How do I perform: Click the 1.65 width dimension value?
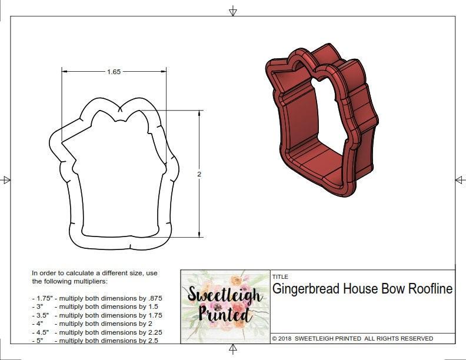click(114, 72)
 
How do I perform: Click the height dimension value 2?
click(199, 174)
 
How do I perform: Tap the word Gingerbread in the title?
click(305, 289)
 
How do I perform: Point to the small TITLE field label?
click(279, 276)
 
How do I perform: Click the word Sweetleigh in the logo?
click(224, 294)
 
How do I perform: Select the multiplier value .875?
click(153, 298)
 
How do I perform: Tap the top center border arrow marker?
click(233, 10)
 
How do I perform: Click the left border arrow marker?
click(6, 180)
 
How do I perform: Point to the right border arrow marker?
click(460, 179)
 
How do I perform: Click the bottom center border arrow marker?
click(233, 350)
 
